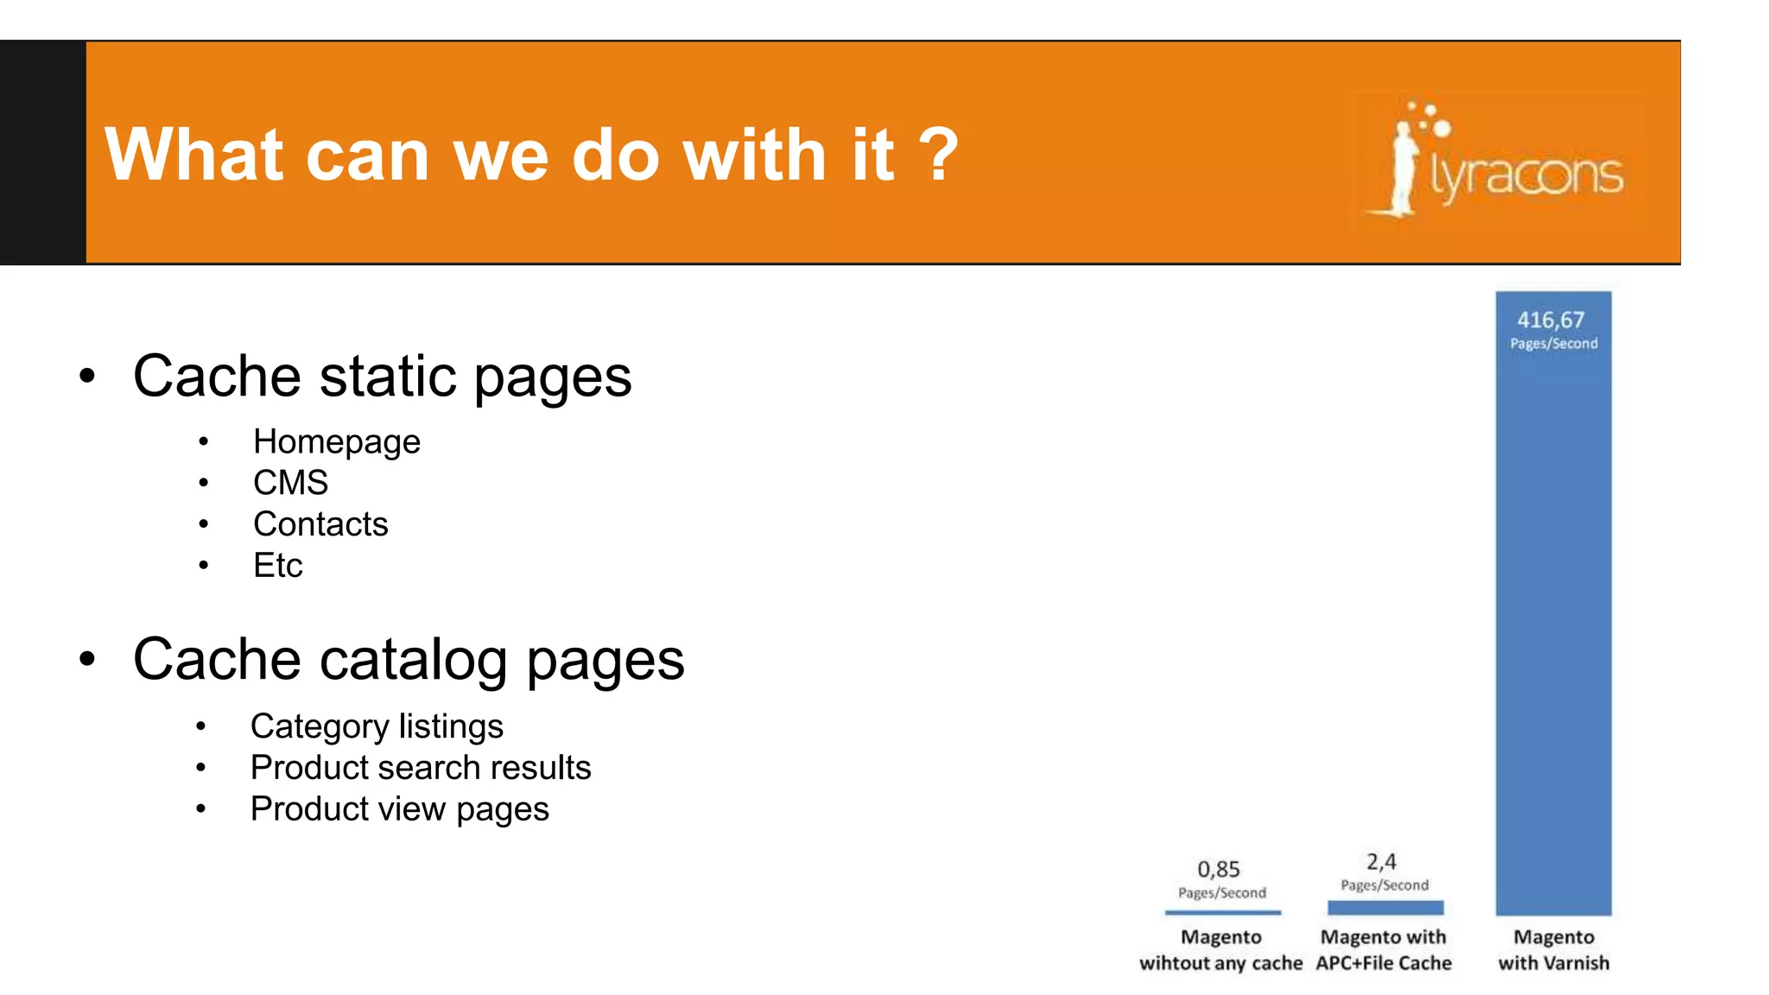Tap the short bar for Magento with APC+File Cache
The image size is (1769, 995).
[x=1385, y=908]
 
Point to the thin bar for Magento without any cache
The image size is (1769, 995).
[x=1222, y=912]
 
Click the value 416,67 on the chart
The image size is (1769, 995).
[x=1550, y=320]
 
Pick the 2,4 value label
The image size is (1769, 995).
[x=1381, y=862]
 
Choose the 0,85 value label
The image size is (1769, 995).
[x=1218, y=869]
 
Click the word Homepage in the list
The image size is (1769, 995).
[x=336, y=442]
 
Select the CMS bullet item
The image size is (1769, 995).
[x=290, y=483]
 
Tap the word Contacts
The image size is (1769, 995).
[x=320, y=524]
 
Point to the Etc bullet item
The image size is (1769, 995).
[x=277, y=566]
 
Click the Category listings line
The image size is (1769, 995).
[x=377, y=726]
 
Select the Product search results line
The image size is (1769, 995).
[x=421, y=768]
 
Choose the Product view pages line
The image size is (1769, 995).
[x=399, y=809]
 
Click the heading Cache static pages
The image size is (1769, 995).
[x=382, y=377]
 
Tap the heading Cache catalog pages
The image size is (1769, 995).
[x=409, y=660]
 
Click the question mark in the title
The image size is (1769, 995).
[x=938, y=155]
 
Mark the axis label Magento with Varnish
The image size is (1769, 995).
[x=1553, y=950]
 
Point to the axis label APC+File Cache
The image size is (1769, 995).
[x=1384, y=963]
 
